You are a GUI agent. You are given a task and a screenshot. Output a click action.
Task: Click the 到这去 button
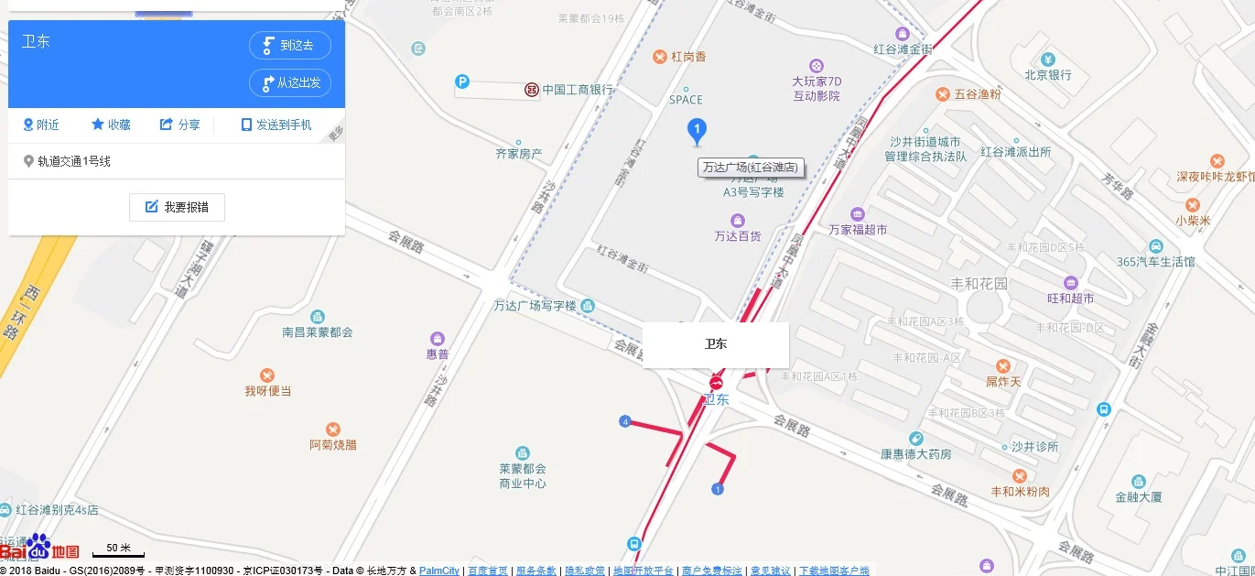(x=290, y=46)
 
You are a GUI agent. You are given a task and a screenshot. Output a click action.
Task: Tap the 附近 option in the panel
(x=41, y=125)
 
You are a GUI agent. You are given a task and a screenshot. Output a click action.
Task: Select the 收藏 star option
(x=111, y=125)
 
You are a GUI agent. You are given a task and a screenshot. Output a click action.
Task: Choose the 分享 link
(x=179, y=125)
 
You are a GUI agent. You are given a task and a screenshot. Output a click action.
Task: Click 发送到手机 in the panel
(x=276, y=125)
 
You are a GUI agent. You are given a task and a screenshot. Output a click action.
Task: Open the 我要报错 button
(x=177, y=207)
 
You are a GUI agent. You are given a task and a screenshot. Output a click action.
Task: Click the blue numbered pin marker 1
(x=697, y=131)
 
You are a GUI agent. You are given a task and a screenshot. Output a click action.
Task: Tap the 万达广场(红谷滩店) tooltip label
(x=750, y=168)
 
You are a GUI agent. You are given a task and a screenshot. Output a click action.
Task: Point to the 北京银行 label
(x=1048, y=75)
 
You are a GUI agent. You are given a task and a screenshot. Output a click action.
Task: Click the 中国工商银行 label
(x=577, y=90)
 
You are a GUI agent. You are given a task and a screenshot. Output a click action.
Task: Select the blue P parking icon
(x=462, y=82)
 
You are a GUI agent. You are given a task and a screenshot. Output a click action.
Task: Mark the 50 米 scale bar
(x=118, y=550)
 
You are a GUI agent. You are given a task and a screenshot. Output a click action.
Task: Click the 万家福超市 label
(x=858, y=230)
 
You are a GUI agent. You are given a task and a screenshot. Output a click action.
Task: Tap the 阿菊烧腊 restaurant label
(x=333, y=445)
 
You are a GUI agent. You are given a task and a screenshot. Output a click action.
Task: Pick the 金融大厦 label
(x=1138, y=497)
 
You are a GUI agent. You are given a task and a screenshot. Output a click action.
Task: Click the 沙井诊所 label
(x=1034, y=447)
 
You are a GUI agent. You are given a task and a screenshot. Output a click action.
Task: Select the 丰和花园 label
(x=979, y=284)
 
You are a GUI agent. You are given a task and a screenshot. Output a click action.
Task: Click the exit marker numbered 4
(x=625, y=421)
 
